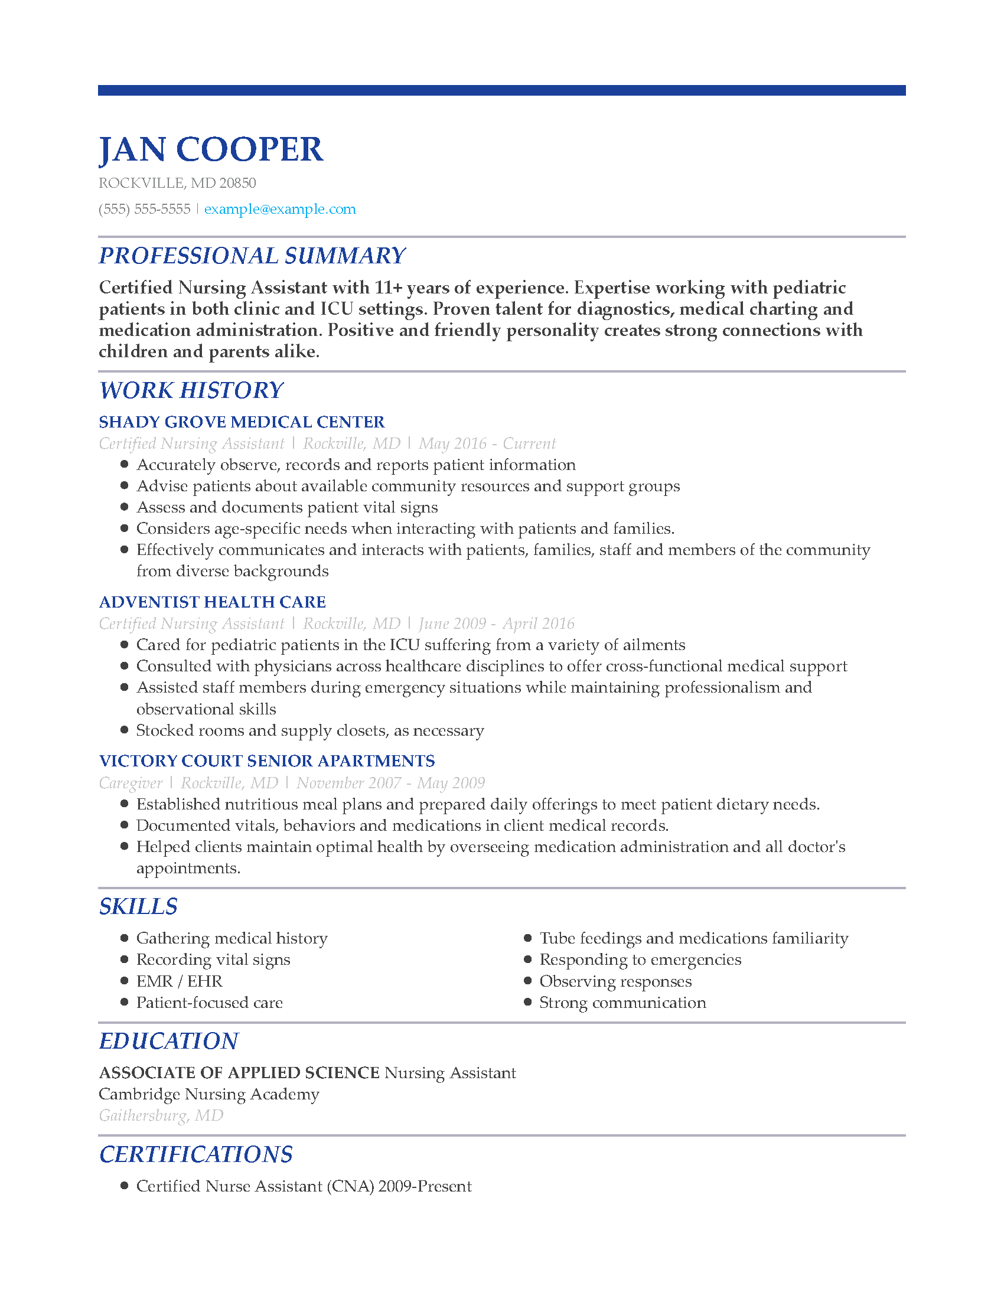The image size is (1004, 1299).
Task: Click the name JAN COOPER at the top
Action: pyautogui.click(x=211, y=149)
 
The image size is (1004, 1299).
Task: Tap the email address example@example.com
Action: pyautogui.click(x=279, y=209)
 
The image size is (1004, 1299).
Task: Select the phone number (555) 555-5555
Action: pyautogui.click(x=145, y=209)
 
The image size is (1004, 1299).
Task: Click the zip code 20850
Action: pyautogui.click(x=237, y=183)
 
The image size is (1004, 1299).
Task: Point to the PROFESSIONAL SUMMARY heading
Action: pyautogui.click(x=252, y=256)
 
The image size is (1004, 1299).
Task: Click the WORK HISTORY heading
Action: pyautogui.click(x=191, y=390)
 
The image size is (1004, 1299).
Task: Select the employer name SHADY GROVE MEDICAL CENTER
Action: pyautogui.click(x=242, y=422)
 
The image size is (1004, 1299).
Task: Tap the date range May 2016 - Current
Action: pyautogui.click(x=487, y=443)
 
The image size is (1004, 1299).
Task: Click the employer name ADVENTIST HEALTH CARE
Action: pyautogui.click(x=213, y=602)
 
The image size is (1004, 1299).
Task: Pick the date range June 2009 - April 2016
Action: pyautogui.click(x=496, y=624)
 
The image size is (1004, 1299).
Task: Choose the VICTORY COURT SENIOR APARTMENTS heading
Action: pyautogui.click(x=267, y=761)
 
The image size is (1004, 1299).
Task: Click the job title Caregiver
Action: pyautogui.click(x=131, y=783)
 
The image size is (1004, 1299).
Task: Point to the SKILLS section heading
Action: pyautogui.click(x=138, y=906)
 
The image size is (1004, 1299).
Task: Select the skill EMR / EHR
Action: pyautogui.click(x=179, y=981)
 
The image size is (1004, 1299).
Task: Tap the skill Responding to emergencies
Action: pyautogui.click(x=640, y=959)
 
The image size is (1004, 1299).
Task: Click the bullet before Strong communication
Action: pyautogui.click(x=527, y=1002)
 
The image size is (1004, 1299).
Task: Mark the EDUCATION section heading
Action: pyautogui.click(x=168, y=1041)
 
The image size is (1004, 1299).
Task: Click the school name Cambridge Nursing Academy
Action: pyautogui.click(x=208, y=1094)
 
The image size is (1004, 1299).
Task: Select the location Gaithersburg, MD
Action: pyautogui.click(x=161, y=1115)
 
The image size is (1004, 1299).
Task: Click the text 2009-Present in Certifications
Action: pyautogui.click(x=425, y=1186)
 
